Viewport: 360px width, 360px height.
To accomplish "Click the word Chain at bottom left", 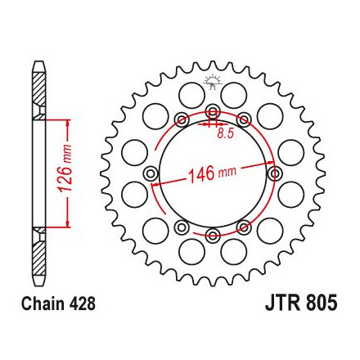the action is tap(43, 304).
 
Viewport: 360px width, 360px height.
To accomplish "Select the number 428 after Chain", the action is tap(82, 304).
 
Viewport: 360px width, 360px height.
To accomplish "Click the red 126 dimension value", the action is tap(65, 178).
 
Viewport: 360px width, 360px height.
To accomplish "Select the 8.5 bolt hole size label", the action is tap(226, 133).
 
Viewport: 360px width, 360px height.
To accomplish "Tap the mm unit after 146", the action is tap(227, 172).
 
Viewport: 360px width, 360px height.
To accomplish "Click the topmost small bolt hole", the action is tap(213, 111).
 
